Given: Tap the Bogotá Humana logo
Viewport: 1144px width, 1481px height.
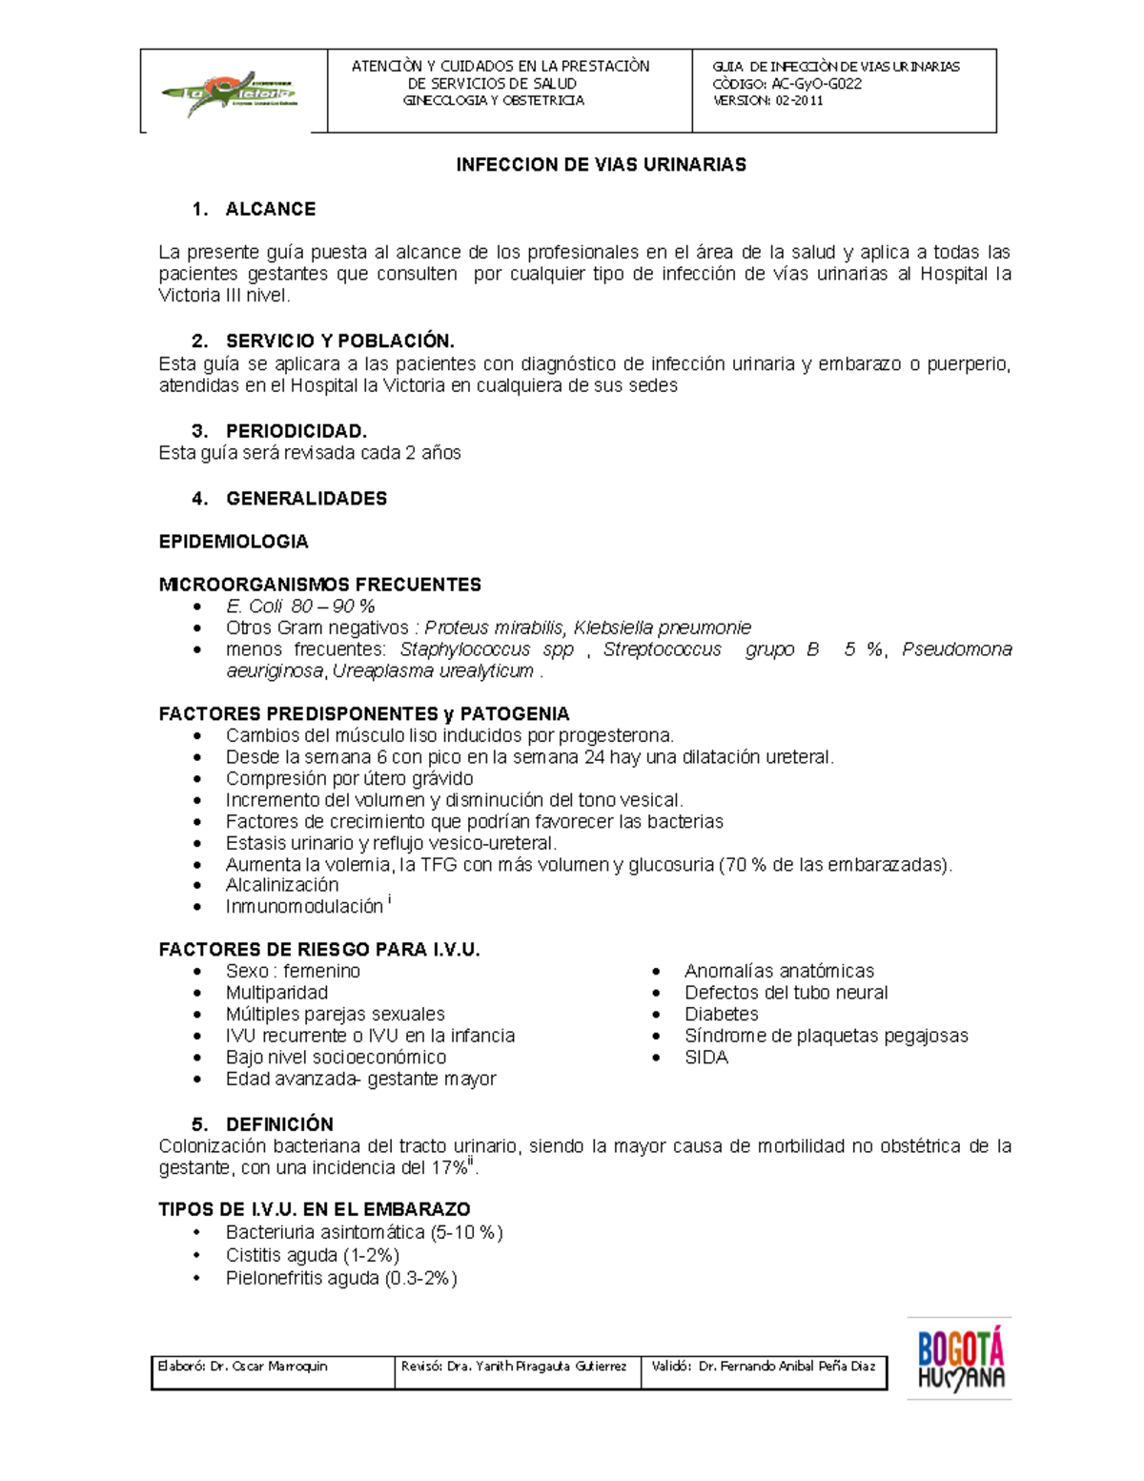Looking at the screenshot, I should point(960,1359).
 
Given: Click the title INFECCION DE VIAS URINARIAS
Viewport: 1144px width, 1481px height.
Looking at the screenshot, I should point(601,165).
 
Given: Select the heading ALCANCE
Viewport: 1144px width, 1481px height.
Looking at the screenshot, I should point(270,209).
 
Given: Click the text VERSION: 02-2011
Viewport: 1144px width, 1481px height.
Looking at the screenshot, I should point(768,101).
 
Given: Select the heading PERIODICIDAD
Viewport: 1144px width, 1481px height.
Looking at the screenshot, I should point(296,431).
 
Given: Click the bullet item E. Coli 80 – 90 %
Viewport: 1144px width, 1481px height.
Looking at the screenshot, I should point(300,607).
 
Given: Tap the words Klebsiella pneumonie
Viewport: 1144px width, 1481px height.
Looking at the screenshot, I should point(662,627).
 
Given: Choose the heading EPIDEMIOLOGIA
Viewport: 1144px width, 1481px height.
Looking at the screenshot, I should point(234,542).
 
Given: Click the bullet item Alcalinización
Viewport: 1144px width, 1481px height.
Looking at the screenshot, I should point(281,885).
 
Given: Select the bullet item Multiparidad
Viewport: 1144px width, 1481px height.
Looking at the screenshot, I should point(276,993).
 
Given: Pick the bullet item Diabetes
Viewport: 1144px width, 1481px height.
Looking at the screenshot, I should point(721,1015).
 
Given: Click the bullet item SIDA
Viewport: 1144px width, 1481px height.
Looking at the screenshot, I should point(705,1058).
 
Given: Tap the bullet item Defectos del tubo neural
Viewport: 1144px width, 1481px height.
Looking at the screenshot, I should point(786,993).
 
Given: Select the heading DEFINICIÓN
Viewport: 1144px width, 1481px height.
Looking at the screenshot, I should point(279,1124).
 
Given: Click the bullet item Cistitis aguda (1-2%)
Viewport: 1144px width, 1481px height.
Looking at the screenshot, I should point(312,1255).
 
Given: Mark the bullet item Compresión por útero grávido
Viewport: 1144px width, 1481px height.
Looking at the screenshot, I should point(349,778).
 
